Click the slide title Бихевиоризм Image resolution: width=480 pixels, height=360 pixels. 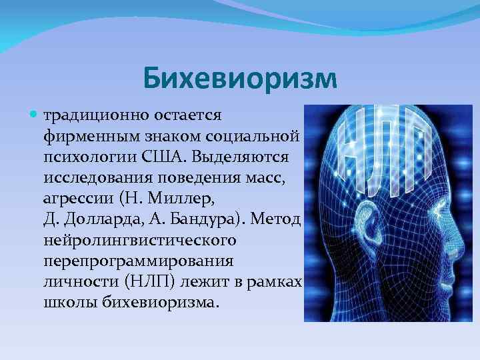pyautogui.click(x=240, y=79)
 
